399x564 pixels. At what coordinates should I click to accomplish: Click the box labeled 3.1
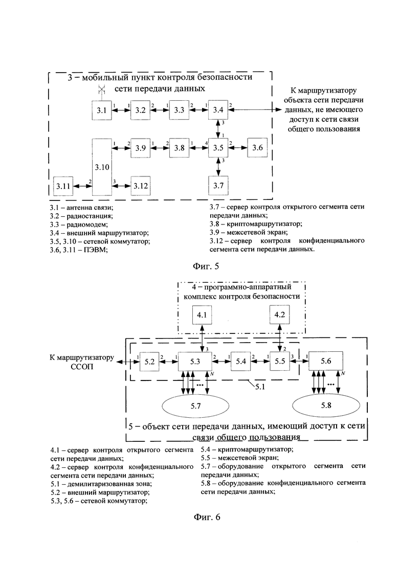pos(101,110)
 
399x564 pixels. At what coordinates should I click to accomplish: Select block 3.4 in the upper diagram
pos(218,110)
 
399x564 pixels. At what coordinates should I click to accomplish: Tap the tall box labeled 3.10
pos(102,167)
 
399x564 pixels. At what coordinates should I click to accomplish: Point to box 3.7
pos(218,186)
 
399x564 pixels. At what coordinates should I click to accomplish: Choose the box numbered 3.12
pos(141,186)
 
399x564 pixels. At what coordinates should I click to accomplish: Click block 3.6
pos(257,148)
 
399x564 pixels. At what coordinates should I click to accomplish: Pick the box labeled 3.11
pos(63,186)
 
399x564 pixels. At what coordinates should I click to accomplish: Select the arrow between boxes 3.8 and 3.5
pos(199,148)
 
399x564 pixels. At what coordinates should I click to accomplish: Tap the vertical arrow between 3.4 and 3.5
pos(218,129)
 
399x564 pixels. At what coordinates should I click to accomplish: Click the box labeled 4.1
pos(202,315)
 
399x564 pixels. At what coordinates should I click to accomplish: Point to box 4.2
pos(279,315)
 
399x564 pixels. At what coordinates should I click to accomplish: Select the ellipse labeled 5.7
pos(196,406)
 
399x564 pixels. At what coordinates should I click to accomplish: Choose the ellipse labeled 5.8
pos(326,405)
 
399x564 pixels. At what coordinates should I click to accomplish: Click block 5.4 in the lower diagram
pos(241,361)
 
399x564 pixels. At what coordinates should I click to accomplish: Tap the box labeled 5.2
pos(149,361)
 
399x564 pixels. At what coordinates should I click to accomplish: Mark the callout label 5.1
pos(260,387)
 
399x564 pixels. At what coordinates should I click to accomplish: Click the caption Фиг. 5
pos(206,266)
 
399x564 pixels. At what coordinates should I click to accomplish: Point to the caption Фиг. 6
pos(207,517)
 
